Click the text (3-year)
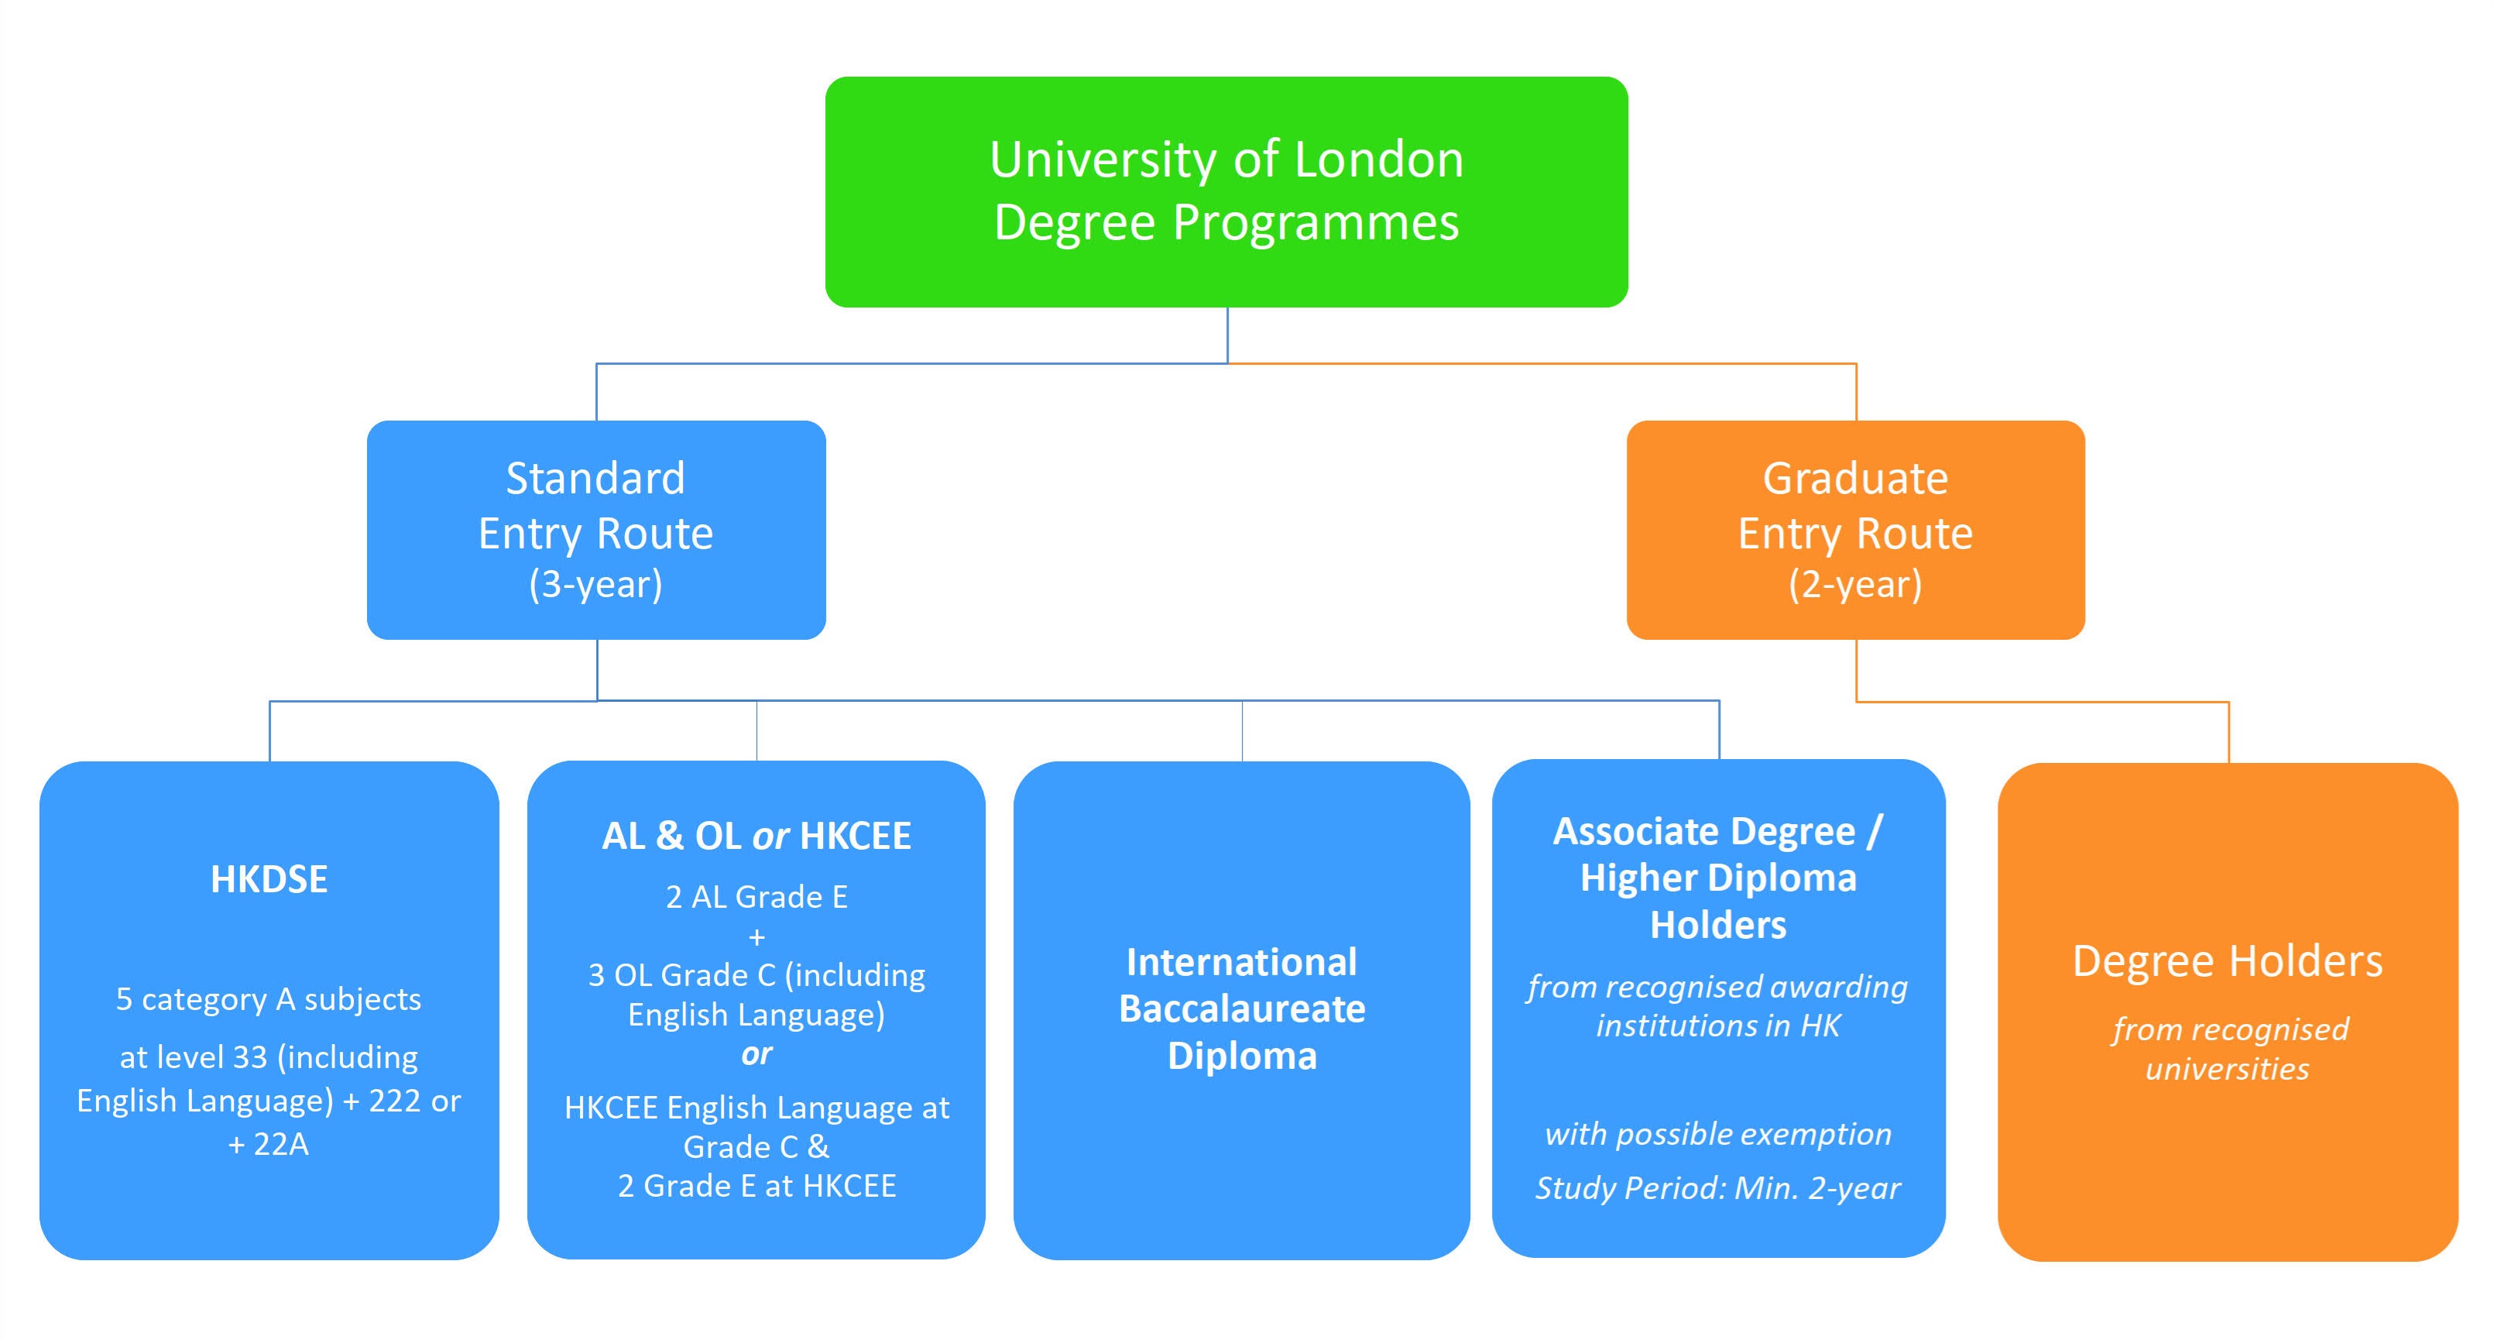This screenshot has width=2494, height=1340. tap(595, 585)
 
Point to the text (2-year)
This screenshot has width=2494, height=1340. tap(1855, 585)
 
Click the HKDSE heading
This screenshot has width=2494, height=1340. tap(269, 879)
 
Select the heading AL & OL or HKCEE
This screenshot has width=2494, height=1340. tap(756, 836)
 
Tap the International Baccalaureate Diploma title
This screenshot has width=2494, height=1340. tap(1242, 1008)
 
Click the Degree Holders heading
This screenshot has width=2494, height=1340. tap(2227, 961)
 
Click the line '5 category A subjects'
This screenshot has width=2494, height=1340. tap(269, 998)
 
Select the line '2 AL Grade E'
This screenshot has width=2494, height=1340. tap(756, 897)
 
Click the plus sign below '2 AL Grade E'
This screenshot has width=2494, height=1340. tap(756, 936)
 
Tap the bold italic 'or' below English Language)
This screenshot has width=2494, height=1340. tap(756, 1053)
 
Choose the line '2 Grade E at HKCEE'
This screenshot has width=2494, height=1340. tap(756, 1185)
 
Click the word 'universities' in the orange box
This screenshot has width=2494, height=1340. tap(2227, 1068)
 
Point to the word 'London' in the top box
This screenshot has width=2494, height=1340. tap(1379, 159)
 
